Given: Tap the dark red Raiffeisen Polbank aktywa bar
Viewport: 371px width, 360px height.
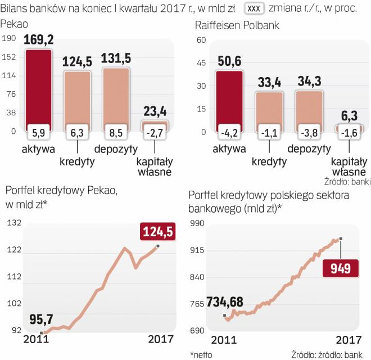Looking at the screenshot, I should coord(229,96).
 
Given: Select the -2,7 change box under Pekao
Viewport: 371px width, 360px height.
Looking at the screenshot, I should coord(155,133).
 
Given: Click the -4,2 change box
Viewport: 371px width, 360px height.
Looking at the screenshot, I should coord(229,133).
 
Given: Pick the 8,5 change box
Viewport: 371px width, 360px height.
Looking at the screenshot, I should coord(116,133).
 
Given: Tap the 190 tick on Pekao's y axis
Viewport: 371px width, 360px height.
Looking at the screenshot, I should coord(9,39).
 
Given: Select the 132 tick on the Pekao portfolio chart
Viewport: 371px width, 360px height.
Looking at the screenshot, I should coord(13,223).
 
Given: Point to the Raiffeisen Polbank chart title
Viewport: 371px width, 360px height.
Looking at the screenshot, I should coord(237,26).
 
